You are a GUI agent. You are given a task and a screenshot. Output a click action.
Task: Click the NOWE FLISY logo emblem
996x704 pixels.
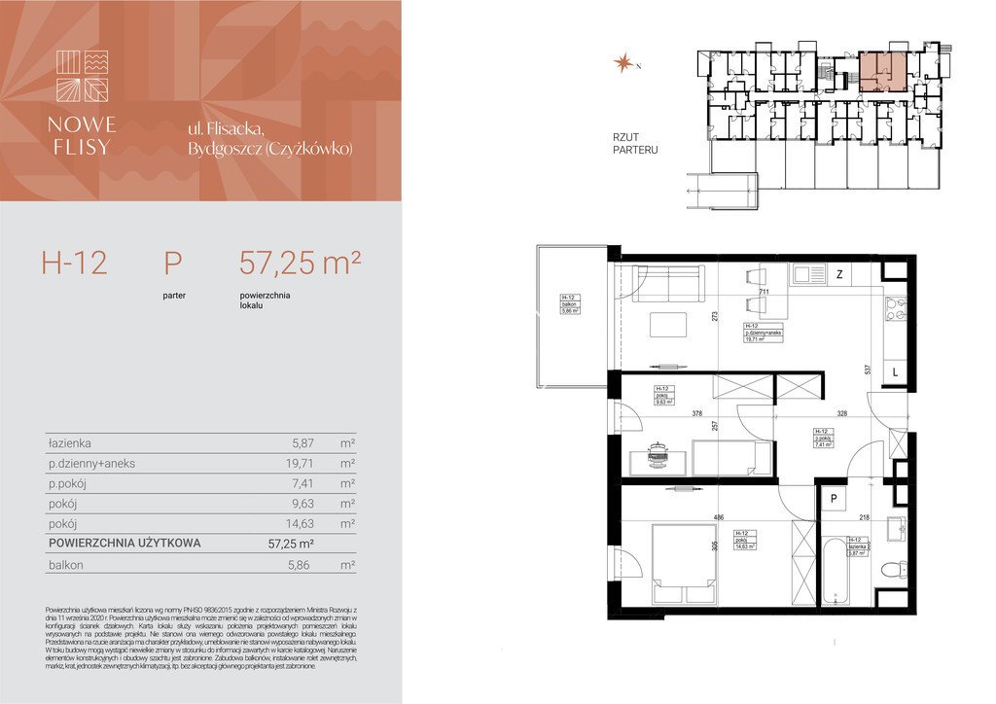click(x=82, y=76)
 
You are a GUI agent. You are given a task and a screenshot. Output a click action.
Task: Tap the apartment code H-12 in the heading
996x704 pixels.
click(x=74, y=263)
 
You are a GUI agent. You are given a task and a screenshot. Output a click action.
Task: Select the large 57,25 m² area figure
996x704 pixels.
click(x=301, y=263)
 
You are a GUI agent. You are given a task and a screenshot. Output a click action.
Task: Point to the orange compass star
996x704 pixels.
click(x=621, y=64)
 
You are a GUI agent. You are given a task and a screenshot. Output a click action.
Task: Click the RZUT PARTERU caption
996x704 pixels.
click(x=635, y=144)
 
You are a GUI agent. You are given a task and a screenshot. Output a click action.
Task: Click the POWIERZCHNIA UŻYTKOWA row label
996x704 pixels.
click(x=124, y=544)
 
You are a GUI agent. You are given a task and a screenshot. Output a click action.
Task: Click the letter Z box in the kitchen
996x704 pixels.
click(x=837, y=275)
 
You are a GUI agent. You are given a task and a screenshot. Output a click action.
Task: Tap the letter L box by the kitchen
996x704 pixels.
click(x=895, y=371)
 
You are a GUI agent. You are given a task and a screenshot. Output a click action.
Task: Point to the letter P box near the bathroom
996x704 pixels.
click(x=833, y=499)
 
